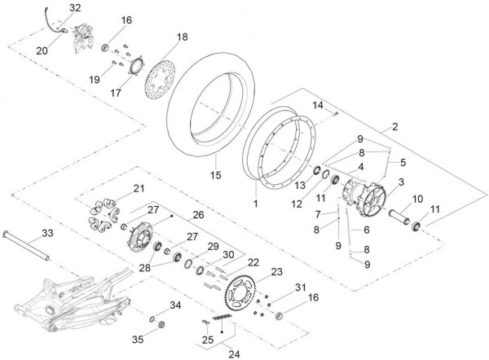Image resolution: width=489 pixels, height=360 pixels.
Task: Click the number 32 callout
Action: click(x=75, y=7)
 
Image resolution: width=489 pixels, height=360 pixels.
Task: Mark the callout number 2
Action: click(x=394, y=126)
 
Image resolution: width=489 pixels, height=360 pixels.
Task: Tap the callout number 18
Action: click(x=181, y=37)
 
